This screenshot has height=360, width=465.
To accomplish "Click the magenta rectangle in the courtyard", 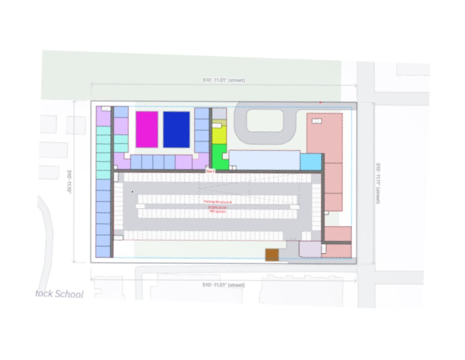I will click(x=147, y=130).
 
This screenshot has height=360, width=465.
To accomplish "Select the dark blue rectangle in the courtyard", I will click(x=176, y=130).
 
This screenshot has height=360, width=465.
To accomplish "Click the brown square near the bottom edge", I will click(x=272, y=255).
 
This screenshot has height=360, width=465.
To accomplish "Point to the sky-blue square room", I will click(x=311, y=162).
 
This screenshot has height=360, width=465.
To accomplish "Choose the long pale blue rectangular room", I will click(x=264, y=160).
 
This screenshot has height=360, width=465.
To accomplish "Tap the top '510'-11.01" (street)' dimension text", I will click(x=224, y=80).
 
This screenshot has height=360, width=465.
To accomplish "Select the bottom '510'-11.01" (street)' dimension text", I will click(x=223, y=285).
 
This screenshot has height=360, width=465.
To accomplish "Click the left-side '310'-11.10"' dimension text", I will click(x=70, y=181).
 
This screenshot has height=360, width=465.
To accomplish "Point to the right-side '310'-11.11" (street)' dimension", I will click(x=378, y=183).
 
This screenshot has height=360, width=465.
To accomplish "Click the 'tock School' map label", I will click(x=60, y=294).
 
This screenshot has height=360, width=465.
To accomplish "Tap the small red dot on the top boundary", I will click(x=320, y=102).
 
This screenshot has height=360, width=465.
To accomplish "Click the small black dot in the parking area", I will click(x=132, y=192).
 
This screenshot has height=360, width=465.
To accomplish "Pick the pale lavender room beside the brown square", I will click(x=310, y=249).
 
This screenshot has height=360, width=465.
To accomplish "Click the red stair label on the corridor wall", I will click(x=211, y=172).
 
